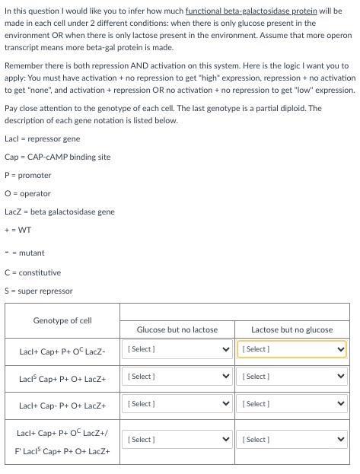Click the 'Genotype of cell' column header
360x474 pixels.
(62, 320)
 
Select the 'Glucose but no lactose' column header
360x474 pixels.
(177, 329)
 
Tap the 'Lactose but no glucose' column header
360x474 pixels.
(292, 329)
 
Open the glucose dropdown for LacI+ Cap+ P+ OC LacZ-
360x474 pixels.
(177, 349)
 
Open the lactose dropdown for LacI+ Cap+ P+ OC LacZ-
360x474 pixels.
(292, 349)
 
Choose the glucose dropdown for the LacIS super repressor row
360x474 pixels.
(177, 377)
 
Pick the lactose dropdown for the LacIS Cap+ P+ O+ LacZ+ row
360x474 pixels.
(292, 377)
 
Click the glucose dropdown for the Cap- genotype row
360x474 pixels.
(177, 404)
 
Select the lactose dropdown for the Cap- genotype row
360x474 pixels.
(292, 404)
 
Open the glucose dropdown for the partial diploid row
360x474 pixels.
(177, 440)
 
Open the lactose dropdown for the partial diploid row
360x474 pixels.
(292, 440)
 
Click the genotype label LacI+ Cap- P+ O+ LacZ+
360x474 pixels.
(62, 406)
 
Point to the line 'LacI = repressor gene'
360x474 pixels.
(42, 138)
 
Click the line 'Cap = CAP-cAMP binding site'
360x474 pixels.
(57, 157)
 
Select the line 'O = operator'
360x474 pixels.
(27, 193)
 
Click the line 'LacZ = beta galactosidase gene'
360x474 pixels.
(59, 212)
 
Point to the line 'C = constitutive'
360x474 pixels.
(33, 272)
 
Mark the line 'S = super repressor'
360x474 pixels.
(39, 291)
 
